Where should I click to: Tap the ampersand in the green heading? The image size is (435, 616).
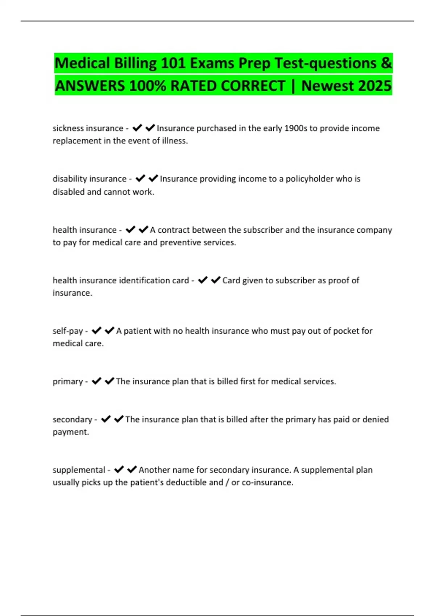pyautogui.click(x=386, y=63)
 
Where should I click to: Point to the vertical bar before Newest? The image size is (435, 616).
pyautogui.click(x=293, y=86)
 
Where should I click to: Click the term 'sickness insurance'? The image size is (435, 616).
pyautogui.click(x=88, y=128)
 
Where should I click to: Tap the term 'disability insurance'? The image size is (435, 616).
pyautogui.click(x=89, y=179)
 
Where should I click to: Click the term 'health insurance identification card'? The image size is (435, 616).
pyautogui.click(x=121, y=280)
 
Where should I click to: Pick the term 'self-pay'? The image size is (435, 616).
pyautogui.click(x=68, y=331)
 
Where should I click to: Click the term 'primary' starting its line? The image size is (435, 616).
pyautogui.click(x=68, y=381)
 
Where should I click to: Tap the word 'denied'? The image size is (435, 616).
pyautogui.click(x=375, y=419)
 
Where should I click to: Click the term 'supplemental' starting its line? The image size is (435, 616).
pyautogui.click(x=79, y=470)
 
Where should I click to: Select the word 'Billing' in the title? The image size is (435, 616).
pyautogui.click(x=135, y=63)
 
